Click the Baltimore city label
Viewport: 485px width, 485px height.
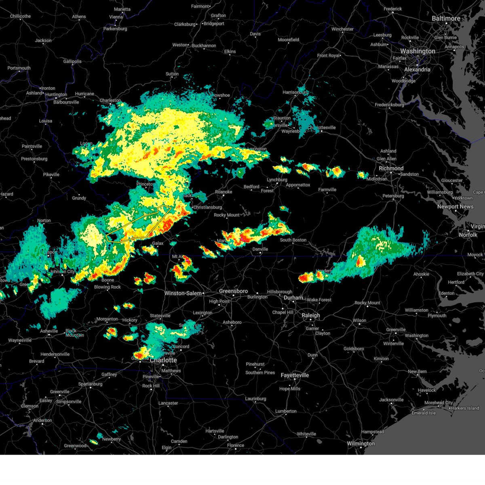[446, 19]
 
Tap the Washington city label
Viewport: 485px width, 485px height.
[418, 51]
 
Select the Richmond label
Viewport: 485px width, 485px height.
[391, 168]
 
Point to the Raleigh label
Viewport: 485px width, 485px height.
[310, 315]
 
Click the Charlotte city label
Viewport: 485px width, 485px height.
[163, 360]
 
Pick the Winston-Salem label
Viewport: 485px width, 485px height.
[183, 293]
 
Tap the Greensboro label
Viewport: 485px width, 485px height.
[233, 291]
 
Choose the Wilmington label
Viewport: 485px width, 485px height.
[361, 443]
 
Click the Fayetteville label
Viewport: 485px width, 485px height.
[295, 375]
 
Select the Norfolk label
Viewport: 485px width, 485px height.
[468, 235]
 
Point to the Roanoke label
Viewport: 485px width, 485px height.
[224, 192]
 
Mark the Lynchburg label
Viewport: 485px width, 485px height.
[277, 180]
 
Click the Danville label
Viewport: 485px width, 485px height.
[260, 249]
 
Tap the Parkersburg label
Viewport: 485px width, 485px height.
[115, 29]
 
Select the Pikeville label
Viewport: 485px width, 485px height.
[51, 175]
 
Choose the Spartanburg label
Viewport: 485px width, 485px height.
[90, 384]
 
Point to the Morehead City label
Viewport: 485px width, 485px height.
[438, 403]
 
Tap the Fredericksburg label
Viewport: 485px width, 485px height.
[389, 105]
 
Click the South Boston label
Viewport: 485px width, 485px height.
[293, 240]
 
